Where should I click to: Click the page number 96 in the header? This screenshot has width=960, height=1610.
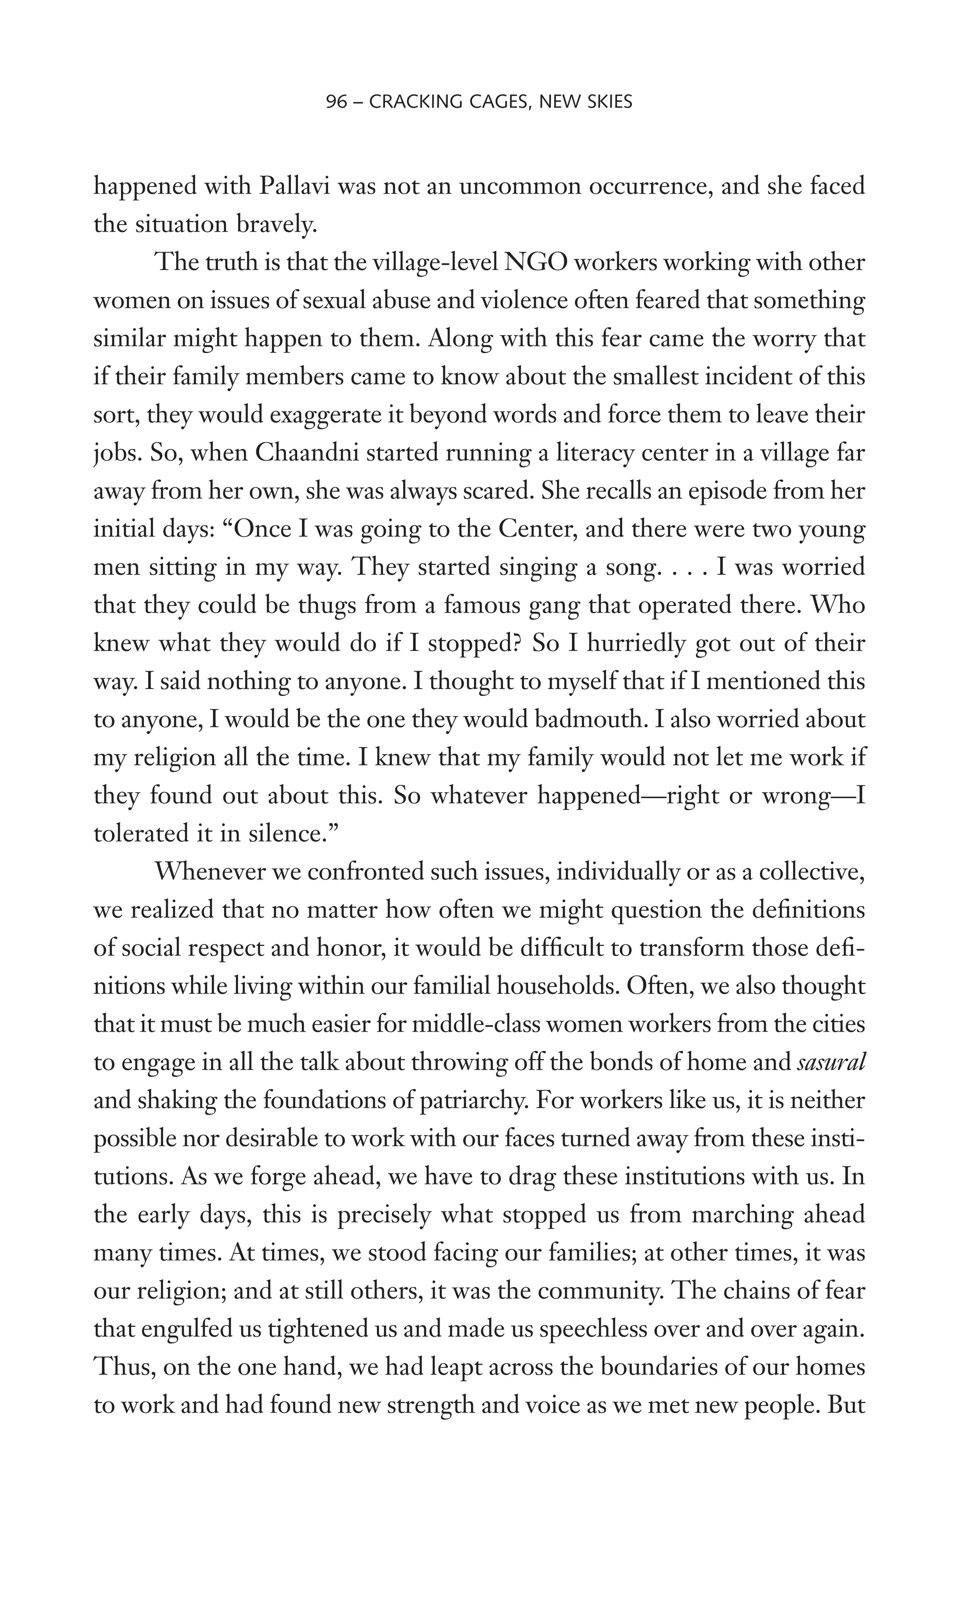click(x=337, y=102)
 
